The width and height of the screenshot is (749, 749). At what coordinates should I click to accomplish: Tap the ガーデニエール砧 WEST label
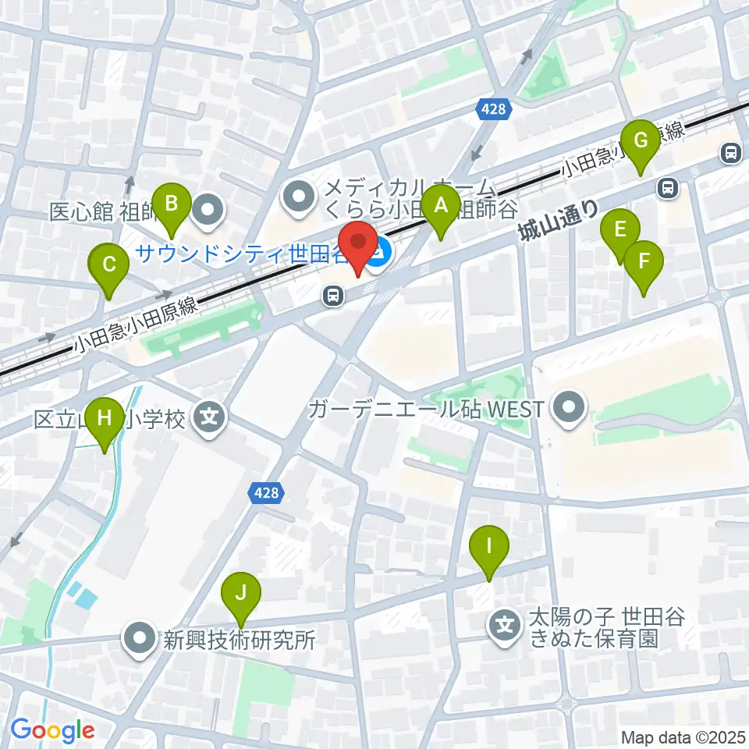[x=426, y=408]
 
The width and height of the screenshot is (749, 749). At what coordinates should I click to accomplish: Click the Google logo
[x=52, y=730]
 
